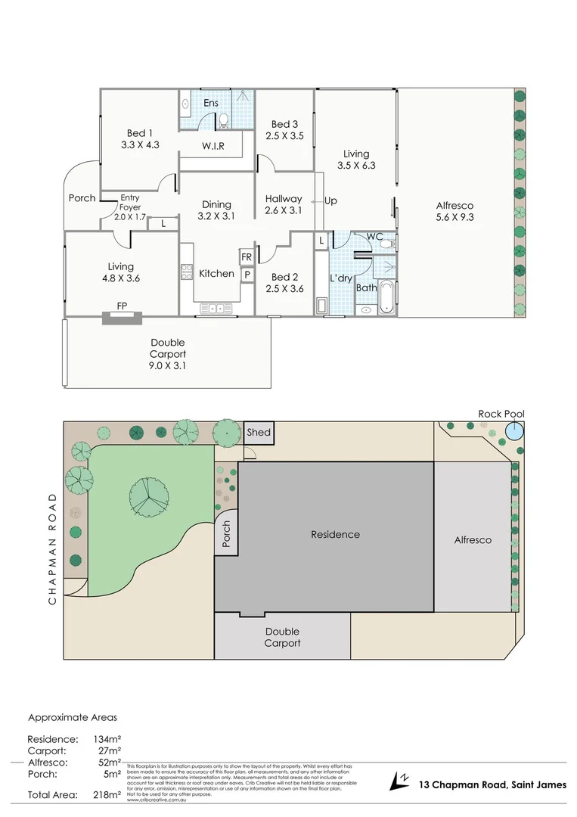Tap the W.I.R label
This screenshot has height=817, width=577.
(212, 145)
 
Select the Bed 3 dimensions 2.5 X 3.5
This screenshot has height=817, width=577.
(284, 136)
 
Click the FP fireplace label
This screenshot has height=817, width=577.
(121, 306)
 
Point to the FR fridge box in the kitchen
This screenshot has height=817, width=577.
(247, 257)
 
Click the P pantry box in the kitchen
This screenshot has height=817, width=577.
(247, 275)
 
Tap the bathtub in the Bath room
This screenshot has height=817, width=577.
(386, 297)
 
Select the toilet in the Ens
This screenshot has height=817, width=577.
(223, 120)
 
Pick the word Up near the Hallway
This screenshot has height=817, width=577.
(330, 201)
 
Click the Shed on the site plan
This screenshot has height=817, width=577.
(257, 433)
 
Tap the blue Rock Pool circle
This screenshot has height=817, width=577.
(514, 431)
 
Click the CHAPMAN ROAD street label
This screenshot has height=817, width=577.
(52, 548)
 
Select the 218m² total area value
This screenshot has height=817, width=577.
(107, 795)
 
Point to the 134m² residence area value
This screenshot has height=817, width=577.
(107, 739)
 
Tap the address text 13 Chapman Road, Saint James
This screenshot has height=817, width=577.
(492, 784)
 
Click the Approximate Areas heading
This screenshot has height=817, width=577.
(73, 717)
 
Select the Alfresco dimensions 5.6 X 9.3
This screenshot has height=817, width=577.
(456, 217)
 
